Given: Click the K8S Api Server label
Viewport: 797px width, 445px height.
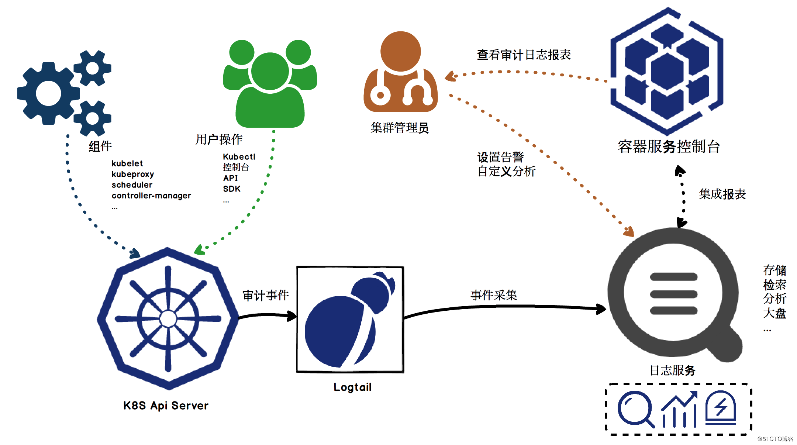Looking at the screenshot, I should click(166, 406).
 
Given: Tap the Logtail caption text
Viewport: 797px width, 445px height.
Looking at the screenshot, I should click(352, 387).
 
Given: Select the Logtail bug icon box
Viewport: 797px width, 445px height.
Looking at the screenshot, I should click(350, 319).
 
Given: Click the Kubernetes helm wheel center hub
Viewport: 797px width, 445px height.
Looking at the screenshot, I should click(168, 318).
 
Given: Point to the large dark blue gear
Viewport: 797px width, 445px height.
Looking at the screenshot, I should click(48, 93).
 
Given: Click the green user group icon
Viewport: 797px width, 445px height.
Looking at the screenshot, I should click(270, 83).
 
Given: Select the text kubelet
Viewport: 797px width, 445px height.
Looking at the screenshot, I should click(127, 163).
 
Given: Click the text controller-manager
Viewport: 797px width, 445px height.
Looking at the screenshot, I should click(151, 196).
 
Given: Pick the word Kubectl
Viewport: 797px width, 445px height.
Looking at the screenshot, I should click(239, 157).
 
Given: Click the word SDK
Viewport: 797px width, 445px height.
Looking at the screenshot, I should click(232, 189).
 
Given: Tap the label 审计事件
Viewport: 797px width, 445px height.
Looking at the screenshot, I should click(266, 295).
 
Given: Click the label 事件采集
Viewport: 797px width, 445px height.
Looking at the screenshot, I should click(494, 295).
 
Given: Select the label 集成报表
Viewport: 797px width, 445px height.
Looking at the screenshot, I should click(722, 194).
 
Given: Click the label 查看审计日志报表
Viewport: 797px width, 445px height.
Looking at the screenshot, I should click(524, 55).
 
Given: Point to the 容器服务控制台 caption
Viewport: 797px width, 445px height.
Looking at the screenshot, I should click(669, 146).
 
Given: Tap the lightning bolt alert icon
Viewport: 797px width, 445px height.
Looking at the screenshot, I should click(721, 408).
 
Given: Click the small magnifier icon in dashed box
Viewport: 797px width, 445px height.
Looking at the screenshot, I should click(635, 409).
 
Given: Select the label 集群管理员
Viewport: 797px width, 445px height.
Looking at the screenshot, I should click(400, 128).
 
